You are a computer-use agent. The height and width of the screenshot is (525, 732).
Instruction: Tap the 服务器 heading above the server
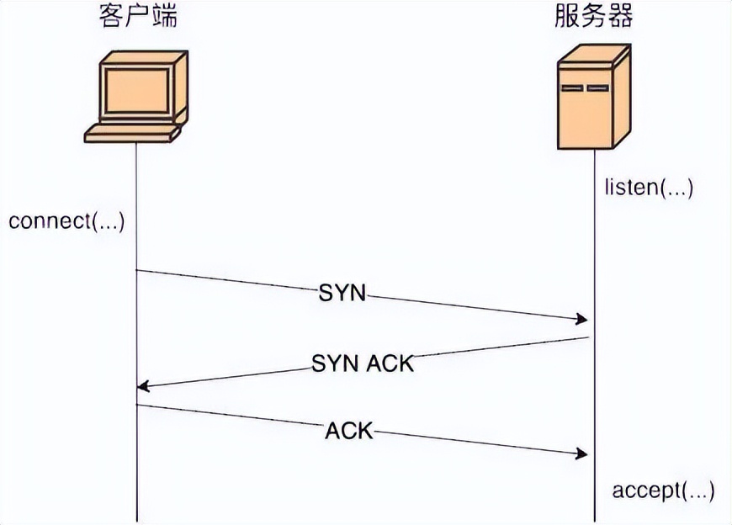tap(593, 18)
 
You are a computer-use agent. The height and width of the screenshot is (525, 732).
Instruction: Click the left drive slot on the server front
tap(572, 88)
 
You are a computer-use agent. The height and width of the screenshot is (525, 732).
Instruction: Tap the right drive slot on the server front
tap(597, 88)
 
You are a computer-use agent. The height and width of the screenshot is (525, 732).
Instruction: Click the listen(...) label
tap(648, 187)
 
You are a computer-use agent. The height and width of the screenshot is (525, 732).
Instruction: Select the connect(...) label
tap(66, 222)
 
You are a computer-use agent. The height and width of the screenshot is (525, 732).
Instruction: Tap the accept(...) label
tap(663, 491)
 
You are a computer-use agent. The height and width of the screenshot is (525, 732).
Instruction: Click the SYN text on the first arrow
tap(343, 293)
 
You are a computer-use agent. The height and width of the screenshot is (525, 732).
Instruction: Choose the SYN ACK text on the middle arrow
tap(363, 363)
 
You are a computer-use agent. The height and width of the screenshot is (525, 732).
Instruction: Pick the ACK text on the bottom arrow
tap(348, 431)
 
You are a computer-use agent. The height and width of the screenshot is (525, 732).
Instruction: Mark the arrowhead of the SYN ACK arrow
tap(143, 386)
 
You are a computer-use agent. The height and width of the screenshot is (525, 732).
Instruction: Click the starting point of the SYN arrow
tap(137, 271)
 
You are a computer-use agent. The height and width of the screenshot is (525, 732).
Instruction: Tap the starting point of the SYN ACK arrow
tap(588, 337)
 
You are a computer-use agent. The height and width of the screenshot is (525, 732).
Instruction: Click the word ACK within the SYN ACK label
tap(390, 363)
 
